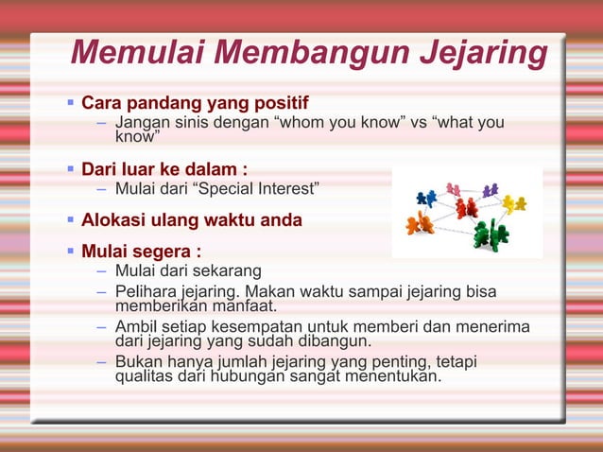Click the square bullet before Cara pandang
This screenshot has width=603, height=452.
click(x=70, y=101)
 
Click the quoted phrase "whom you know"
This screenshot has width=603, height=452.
click(x=342, y=124)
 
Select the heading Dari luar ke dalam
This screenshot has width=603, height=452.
click(x=164, y=170)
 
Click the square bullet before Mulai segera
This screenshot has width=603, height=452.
click(x=70, y=252)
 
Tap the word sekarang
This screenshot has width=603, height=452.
click(x=228, y=273)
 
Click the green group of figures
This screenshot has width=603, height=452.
click(x=490, y=234)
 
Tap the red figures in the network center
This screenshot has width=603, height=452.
click(x=466, y=207)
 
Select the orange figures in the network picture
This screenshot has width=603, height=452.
click(x=419, y=224)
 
